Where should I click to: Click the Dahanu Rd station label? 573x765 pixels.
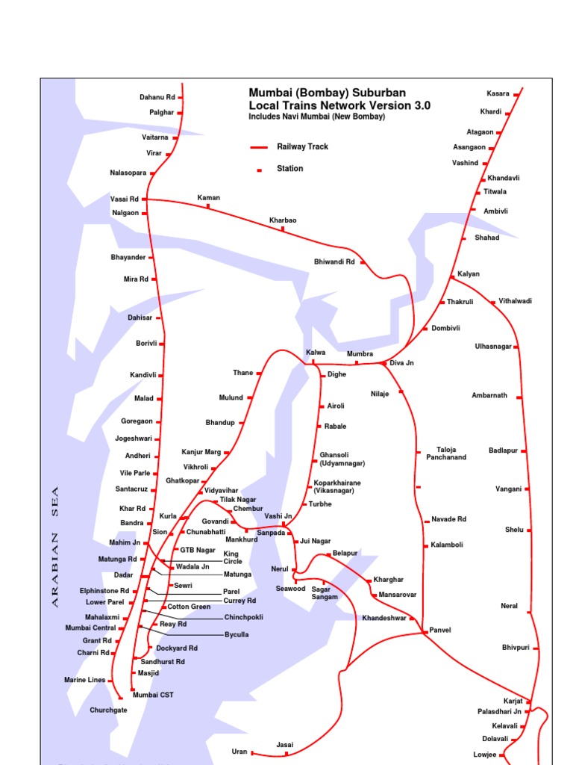click(x=157, y=97)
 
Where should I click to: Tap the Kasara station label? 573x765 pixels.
click(x=498, y=93)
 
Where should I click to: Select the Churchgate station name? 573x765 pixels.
click(x=108, y=710)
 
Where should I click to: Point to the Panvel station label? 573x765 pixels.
click(x=440, y=631)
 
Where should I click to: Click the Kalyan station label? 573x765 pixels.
click(x=469, y=274)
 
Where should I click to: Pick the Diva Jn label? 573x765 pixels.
click(x=401, y=363)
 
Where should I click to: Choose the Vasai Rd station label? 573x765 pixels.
click(x=125, y=199)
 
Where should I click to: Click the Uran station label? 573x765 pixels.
click(x=239, y=752)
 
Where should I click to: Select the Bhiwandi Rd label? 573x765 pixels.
click(x=334, y=262)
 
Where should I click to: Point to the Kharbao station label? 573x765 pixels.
click(x=283, y=220)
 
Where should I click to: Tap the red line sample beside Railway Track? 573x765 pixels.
click(x=259, y=147)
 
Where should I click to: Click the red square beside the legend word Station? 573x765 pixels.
click(x=260, y=170)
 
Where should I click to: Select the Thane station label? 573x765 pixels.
click(x=243, y=373)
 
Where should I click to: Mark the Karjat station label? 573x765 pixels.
click(x=511, y=701)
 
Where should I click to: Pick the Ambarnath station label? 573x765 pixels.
click(x=489, y=395)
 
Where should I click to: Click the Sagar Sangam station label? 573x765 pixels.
click(x=325, y=592)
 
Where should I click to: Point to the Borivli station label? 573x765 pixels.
click(x=146, y=344)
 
